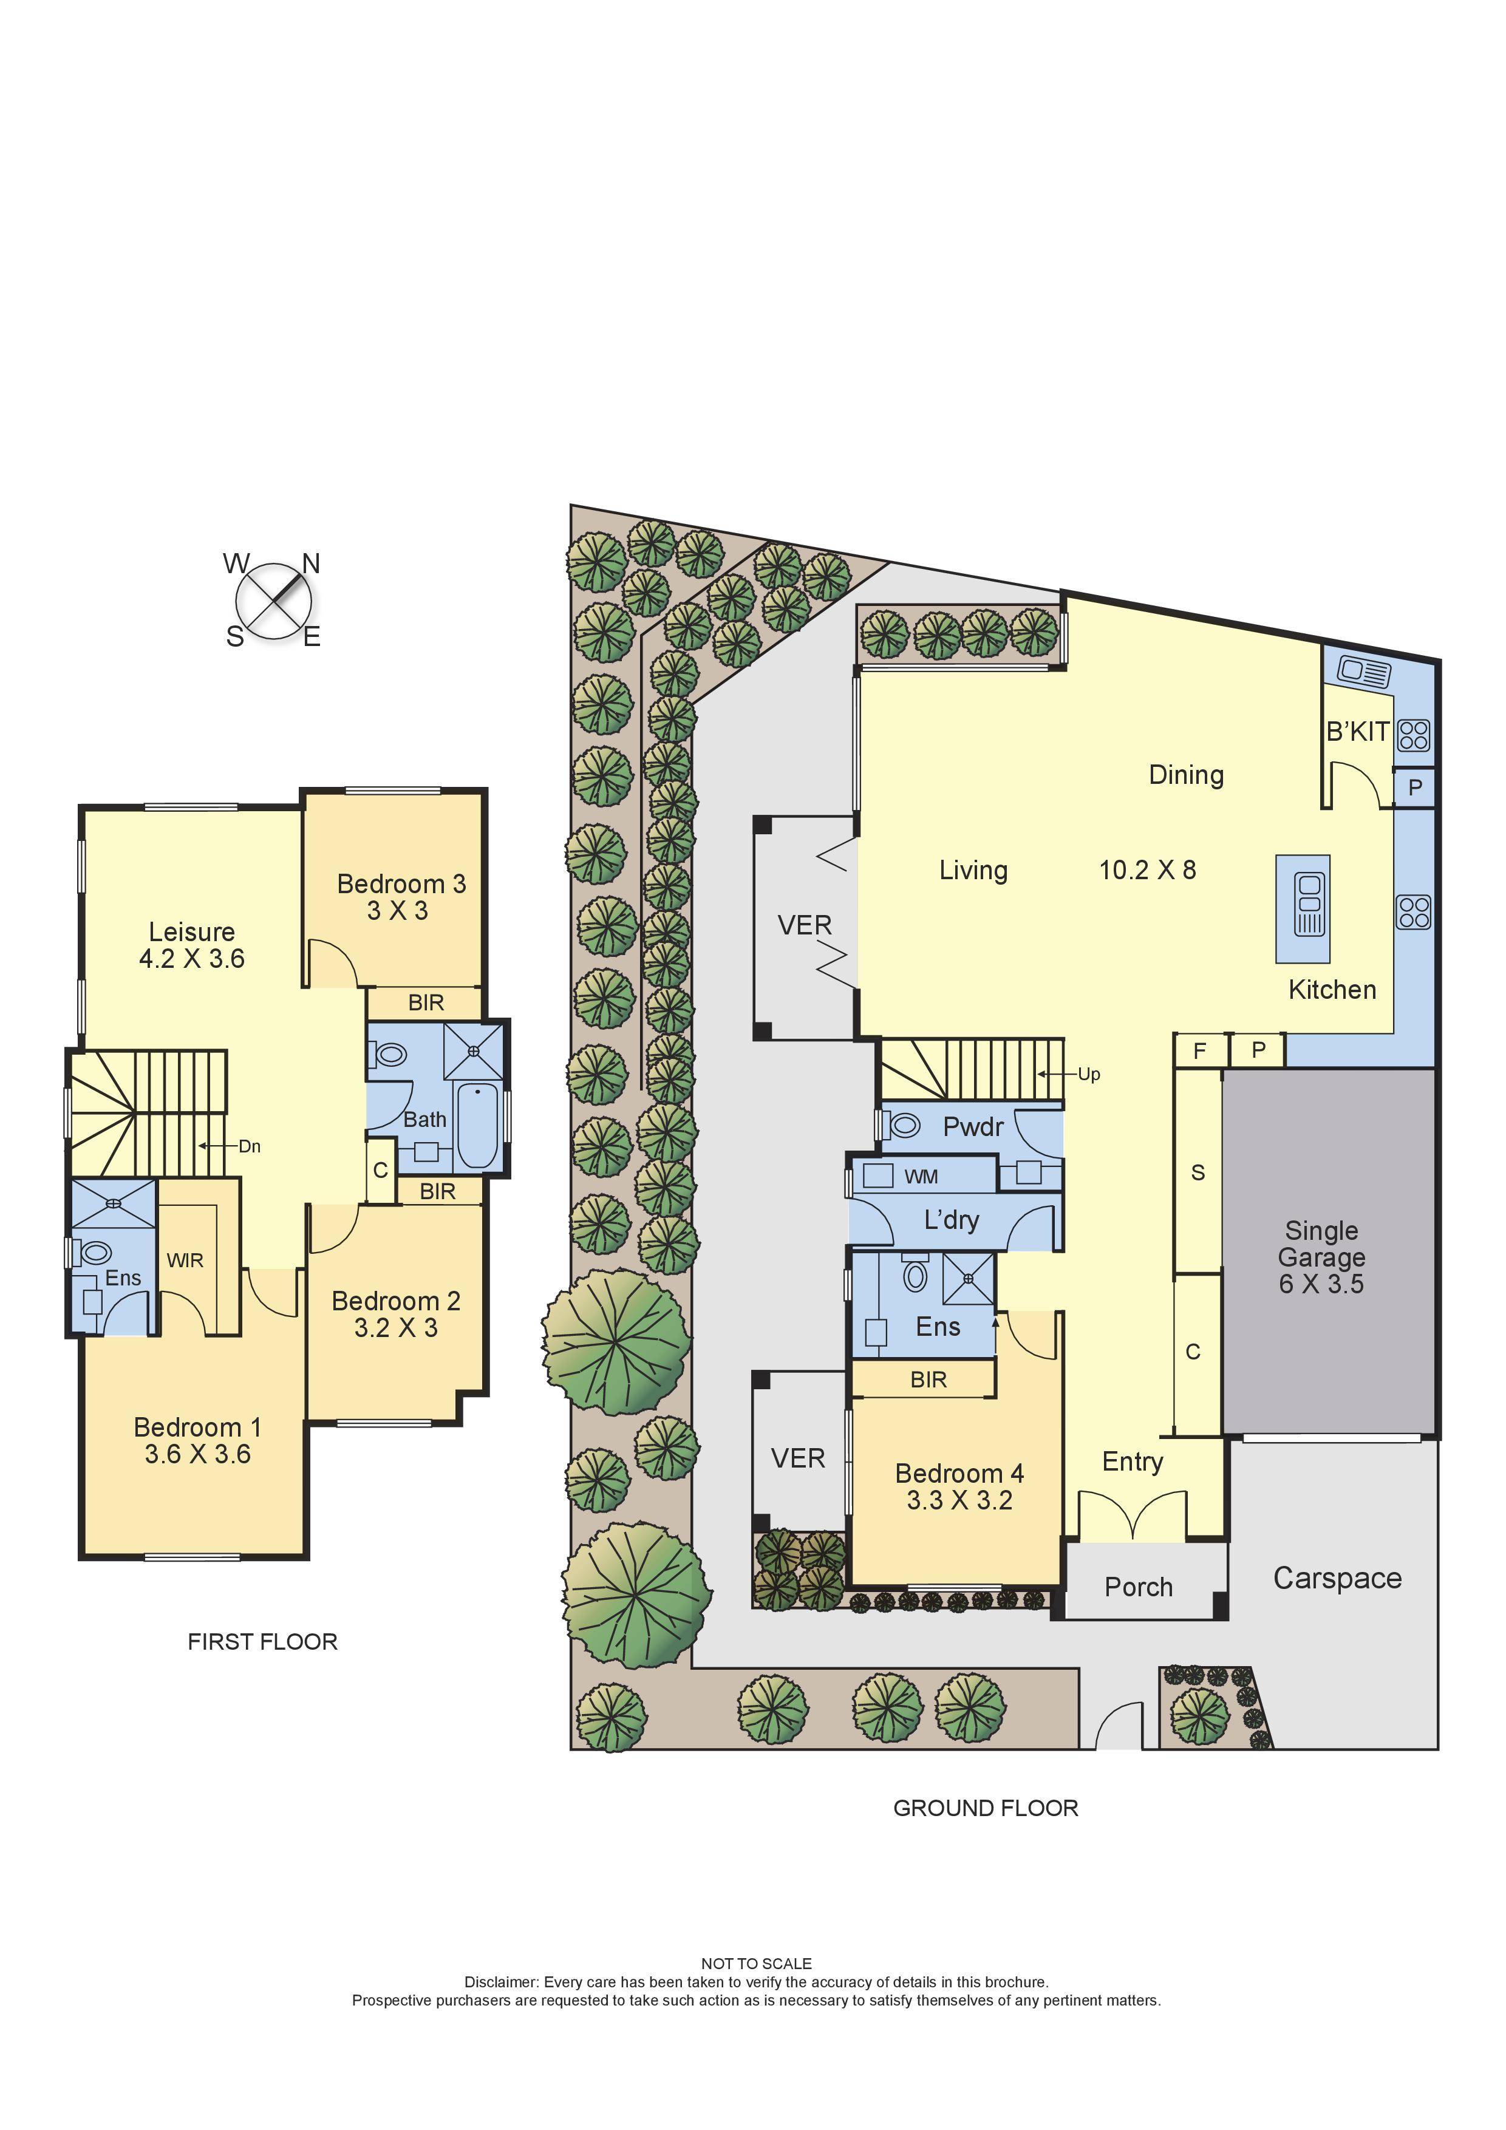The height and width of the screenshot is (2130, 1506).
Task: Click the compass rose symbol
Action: pyautogui.click(x=274, y=601)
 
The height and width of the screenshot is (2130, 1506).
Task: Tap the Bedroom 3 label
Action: pyautogui.click(x=401, y=883)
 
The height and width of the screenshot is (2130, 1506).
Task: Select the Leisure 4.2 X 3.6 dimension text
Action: pyautogui.click(x=192, y=958)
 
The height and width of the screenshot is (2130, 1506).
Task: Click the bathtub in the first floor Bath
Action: pyautogui.click(x=478, y=1125)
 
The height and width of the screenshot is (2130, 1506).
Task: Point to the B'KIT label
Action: pyautogui.click(x=1357, y=732)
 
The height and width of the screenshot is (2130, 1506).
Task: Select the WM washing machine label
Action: pyautogui.click(x=921, y=1176)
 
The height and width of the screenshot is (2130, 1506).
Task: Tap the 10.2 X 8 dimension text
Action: pyautogui.click(x=1147, y=869)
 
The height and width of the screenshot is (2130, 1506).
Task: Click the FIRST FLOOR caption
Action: pyautogui.click(x=262, y=1641)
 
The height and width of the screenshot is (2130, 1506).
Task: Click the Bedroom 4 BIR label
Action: pyautogui.click(x=928, y=1380)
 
